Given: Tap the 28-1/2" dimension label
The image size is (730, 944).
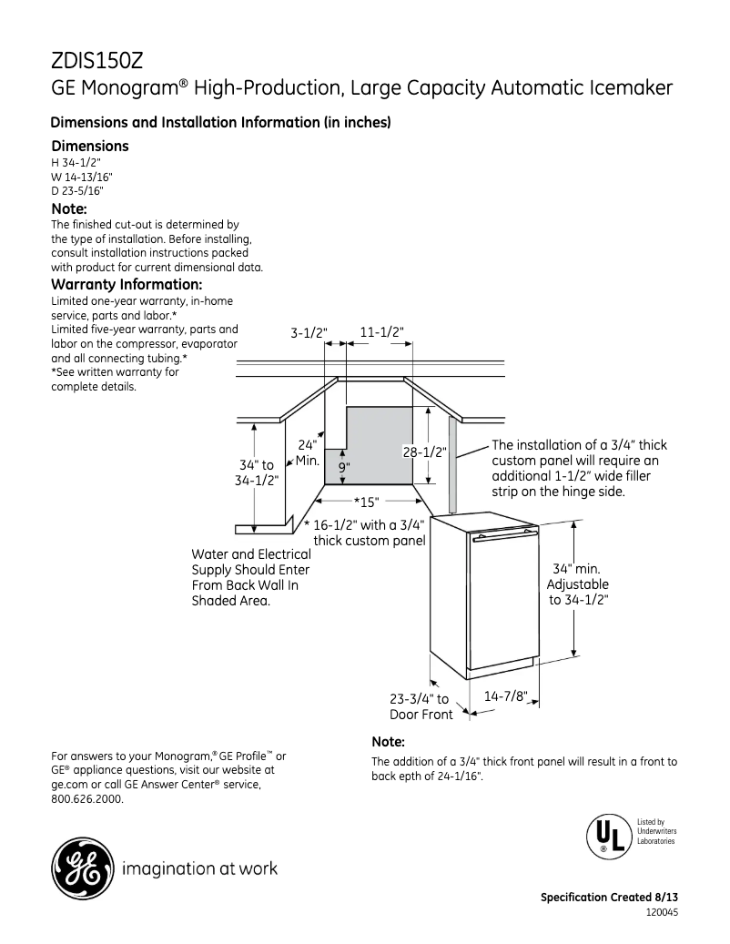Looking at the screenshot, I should pyautogui.click(x=424, y=452).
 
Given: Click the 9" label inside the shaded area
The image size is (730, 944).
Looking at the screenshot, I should pyautogui.click(x=345, y=467).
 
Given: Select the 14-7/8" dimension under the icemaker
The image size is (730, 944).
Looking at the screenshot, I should pyautogui.click(x=506, y=695).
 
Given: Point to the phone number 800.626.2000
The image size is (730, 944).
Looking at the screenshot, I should pyautogui.click(x=87, y=799).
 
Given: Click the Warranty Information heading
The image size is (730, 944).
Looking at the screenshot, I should pyautogui.click(x=127, y=284).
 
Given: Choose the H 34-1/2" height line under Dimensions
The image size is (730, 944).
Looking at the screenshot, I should pyautogui.click(x=76, y=162).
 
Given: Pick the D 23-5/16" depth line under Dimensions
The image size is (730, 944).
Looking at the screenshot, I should pyautogui.click(x=77, y=191).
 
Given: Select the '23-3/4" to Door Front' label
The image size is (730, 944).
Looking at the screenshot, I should pyautogui.click(x=420, y=706).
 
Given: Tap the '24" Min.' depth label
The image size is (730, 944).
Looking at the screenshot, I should pyautogui.click(x=307, y=452).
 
